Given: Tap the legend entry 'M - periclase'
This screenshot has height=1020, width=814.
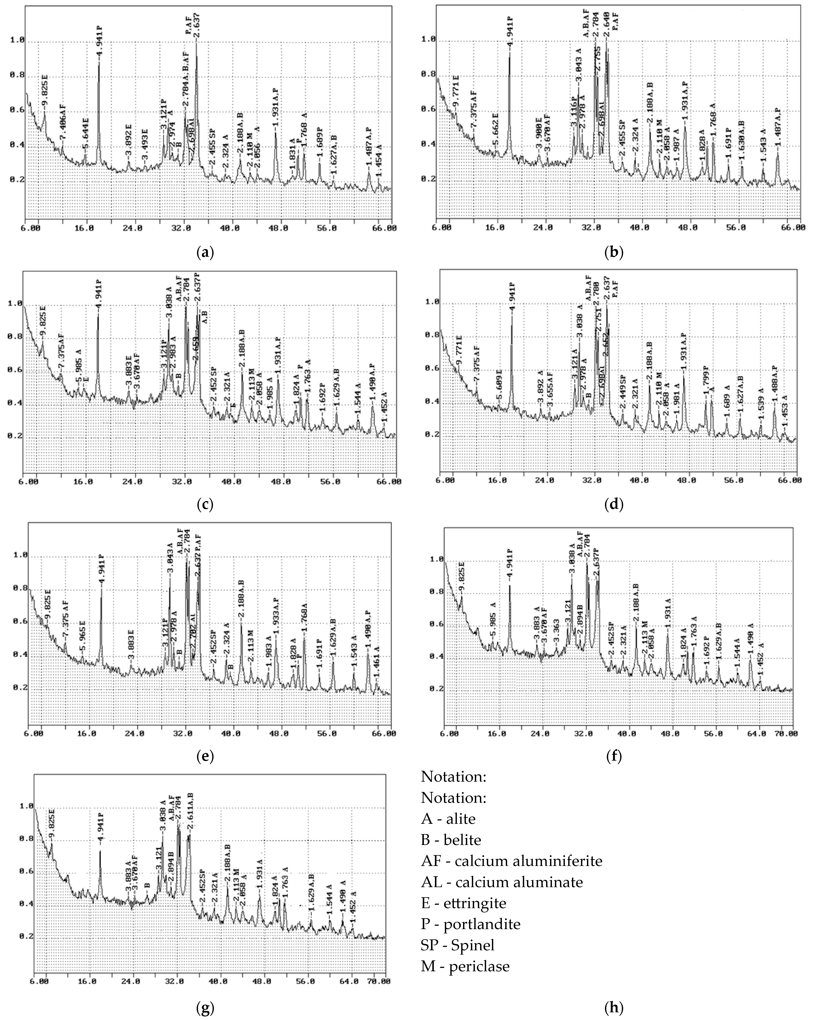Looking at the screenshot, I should coord(465,966).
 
